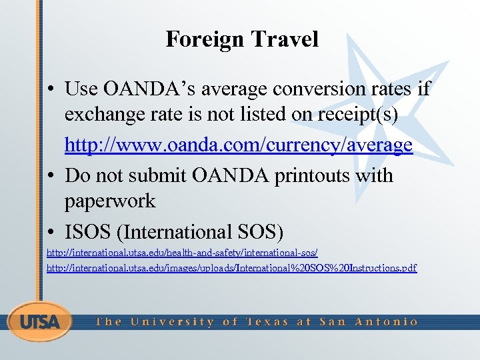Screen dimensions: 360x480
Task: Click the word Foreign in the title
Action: [204, 39]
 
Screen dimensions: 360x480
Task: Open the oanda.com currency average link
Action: [239, 145]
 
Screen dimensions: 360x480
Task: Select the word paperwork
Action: [109, 201]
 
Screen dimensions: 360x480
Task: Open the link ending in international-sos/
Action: [182, 253]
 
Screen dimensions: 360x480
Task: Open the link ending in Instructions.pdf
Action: [231, 268]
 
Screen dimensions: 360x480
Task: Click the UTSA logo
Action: [40, 321]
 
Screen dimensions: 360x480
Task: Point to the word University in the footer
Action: [172, 321]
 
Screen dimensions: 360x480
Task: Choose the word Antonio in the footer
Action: [386, 321]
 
